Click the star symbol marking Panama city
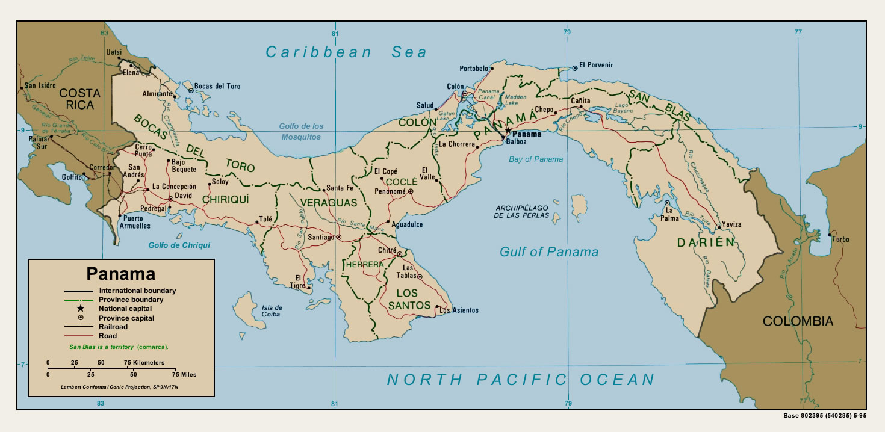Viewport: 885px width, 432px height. [508, 130]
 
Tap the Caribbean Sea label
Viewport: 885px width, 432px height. [346, 52]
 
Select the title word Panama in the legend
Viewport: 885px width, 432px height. [121, 274]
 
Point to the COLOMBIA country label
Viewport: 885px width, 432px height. [798, 321]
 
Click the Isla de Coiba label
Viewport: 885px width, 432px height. [270, 310]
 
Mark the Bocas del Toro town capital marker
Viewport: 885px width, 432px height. [191, 90]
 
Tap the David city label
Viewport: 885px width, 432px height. [184, 196]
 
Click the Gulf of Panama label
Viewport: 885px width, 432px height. [549, 252]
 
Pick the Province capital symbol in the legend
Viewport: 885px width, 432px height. [79, 318]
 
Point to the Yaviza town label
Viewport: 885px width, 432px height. [732, 224]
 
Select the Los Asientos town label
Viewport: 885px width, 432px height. [459, 310]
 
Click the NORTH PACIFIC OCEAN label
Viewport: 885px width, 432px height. [520, 380]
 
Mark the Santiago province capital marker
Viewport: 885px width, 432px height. [338, 238]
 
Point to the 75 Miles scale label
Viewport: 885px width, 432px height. [185, 374]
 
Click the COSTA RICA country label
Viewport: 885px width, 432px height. [80, 99]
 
